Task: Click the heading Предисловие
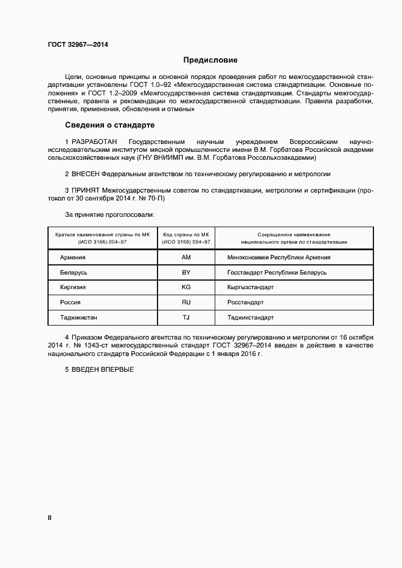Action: (210, 60)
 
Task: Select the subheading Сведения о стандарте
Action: (109, 125)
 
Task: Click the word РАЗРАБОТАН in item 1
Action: (97, 141)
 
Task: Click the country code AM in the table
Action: (186, 257)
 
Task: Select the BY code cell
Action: (186, 272)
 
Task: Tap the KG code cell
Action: (186, 287)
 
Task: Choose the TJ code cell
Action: (186, 317)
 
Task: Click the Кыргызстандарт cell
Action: (251, 287)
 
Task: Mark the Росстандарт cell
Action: (245, 302)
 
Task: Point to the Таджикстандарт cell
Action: (251, 317)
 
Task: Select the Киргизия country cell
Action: (73, 287)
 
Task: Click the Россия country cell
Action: (71, 302)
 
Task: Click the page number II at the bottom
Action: (50, 518)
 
